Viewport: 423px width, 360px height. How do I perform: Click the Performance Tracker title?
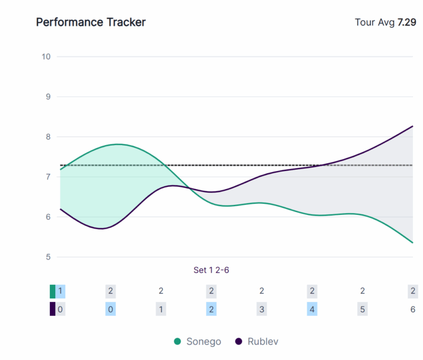(x=90, y=22)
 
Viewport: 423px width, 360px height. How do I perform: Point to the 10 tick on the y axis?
(x=46, y=56)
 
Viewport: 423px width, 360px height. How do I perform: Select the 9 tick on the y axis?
(x=48, y=96)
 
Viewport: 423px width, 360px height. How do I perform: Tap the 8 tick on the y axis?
(x=48, y=137)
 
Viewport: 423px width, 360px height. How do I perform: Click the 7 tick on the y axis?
(x=48, y=177)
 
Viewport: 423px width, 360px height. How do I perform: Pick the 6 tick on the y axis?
(x=48, y=217)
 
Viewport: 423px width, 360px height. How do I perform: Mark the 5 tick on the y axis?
(x=48, y=257)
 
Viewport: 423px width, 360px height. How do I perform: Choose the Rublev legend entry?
(x=260, y=341)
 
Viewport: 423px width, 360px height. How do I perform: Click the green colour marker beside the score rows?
(x=52, y=291)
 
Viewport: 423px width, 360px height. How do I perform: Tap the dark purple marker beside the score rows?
(x=52, y=309)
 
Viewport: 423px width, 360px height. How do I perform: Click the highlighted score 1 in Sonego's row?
(x=60, y=291)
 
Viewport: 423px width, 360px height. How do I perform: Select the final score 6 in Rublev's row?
(x=412, y=309)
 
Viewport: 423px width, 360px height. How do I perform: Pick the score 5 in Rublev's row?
(x=362, y=309)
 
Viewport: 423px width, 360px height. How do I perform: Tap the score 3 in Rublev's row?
(x=261, y=309)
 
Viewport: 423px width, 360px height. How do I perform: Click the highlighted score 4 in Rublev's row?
(x=312, y=309)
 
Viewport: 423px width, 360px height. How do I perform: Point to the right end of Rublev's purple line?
(x=412, y=126)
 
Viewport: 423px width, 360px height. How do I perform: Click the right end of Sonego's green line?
(x=412, y=243)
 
